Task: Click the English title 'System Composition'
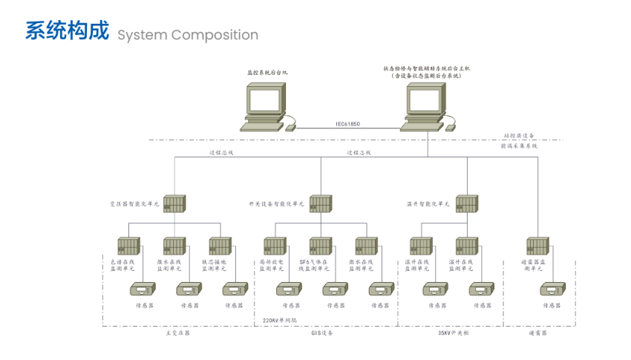[x=188, y=35]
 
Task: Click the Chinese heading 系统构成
[x=67, y=32]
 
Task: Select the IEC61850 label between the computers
[x=347, y=124]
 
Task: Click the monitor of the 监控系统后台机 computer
[x=265, y=99]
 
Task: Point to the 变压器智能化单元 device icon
[x=174, y=204]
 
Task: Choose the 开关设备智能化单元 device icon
[x=320, y=204]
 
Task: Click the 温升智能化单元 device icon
[x=466, y=204]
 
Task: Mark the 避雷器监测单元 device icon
[x=537, y=246]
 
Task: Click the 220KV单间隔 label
[x=279, y=321]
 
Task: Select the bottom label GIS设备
[x=322, y=333]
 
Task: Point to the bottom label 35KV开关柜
[x=453, y=333]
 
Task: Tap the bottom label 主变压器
[x=177, y=333]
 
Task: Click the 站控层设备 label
[x=519, y=136]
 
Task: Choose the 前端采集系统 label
[x=519, y=146]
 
